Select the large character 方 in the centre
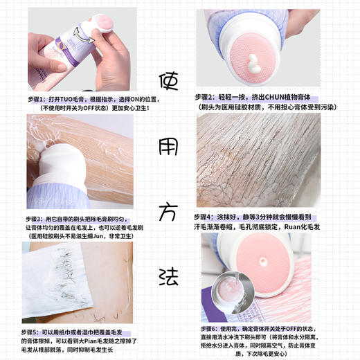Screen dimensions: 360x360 point(170,208)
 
